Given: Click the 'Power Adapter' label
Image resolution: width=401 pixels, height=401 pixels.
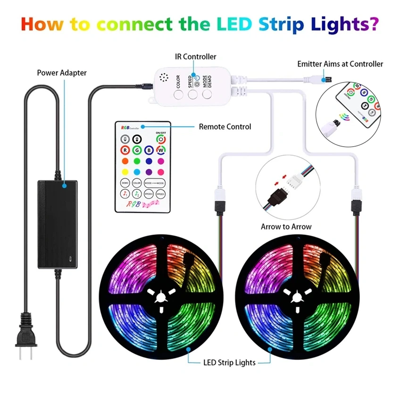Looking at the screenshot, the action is click(62, 73).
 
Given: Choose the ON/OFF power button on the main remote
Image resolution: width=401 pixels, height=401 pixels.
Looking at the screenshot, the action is click(161, 140).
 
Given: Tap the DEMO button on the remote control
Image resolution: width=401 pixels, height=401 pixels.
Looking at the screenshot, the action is click(125, 183).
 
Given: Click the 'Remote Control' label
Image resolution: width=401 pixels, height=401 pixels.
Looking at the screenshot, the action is click(225, 126).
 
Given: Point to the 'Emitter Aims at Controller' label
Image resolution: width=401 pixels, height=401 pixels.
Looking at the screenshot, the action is click(340, 64).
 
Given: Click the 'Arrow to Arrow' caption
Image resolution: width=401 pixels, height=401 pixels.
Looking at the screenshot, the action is click(286, 226).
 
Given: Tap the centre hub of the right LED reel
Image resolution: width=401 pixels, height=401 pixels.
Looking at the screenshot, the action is click(298, 298).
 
